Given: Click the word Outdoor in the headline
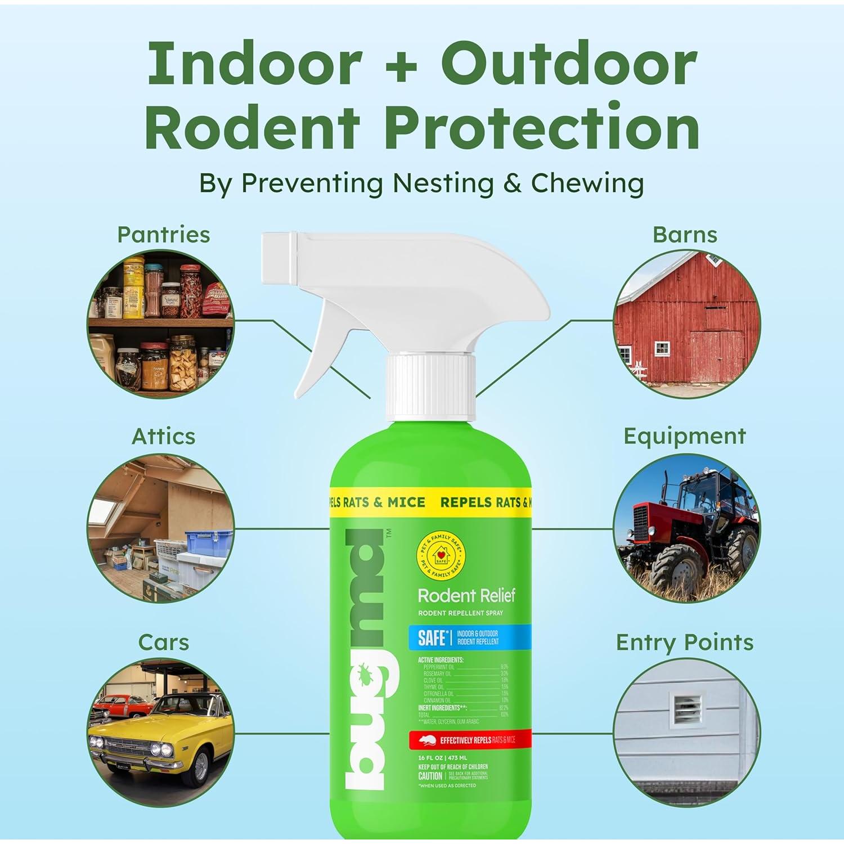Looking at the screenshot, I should click(x=568, y=63).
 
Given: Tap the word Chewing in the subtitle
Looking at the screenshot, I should click(x=587, y=183).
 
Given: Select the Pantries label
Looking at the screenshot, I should click(x=163, y=235).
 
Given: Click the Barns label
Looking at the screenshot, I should click(x=685, y=235).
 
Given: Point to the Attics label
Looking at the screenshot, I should click(x=163, y=436).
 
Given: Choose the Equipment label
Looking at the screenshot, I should click(x=684, y=436).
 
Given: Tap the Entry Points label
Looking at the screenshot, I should click(x=684, y=642).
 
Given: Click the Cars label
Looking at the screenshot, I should click(x=163, y=642).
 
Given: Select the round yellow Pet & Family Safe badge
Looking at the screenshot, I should click(x=441, y=556).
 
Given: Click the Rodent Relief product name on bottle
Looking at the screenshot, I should click(x=466, y=596).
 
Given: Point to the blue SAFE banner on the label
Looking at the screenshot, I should click(x=470, y=637).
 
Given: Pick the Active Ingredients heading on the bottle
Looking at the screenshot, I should click(x=441, y=659).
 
